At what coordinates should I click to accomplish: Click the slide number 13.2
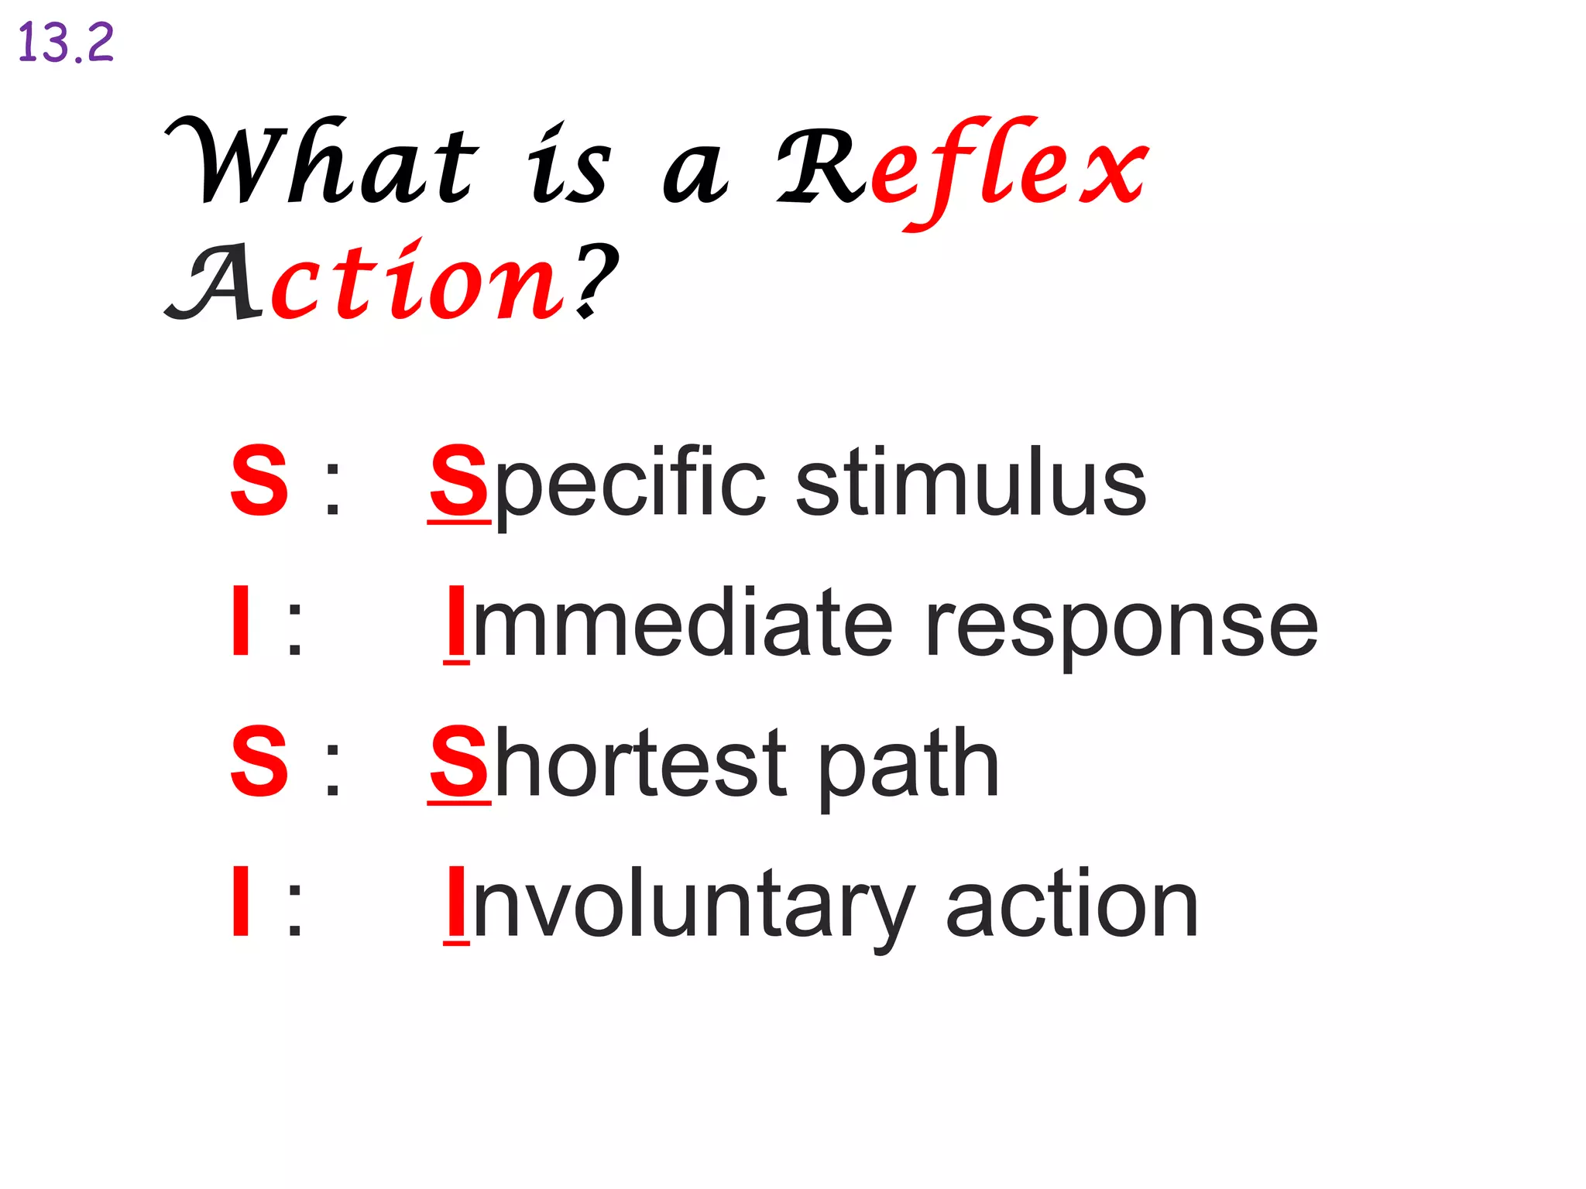coord(66,43)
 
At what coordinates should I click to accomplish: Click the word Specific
coord(597,483)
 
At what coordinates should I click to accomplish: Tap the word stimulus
coord(971,483)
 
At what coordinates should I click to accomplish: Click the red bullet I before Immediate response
coord(241,622)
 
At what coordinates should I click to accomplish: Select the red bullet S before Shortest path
coord(259,762)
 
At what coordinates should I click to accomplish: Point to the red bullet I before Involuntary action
coord(241,903)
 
